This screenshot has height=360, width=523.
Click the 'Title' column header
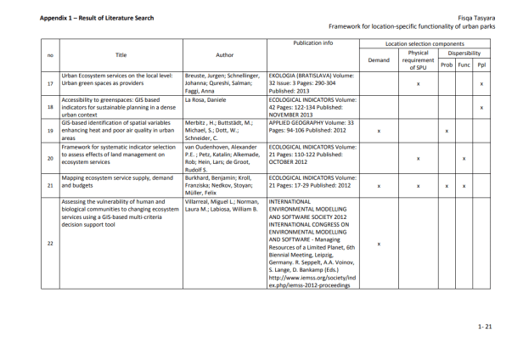click(121, 55)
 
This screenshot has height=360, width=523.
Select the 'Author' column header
click(224, 55)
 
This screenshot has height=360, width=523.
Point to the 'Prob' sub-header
click(446, 65)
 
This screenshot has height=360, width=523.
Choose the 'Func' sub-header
click(464, 65)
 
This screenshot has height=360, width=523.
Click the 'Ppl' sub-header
click(481, 65)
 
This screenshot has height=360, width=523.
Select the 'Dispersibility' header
click(464, 52)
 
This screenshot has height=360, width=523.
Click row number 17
click(50, 84)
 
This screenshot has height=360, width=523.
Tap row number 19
click(50, 132)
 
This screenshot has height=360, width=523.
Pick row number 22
click(50, 243)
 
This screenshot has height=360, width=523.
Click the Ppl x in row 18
click(481, 108)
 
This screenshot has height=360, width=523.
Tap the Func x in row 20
click(464, 159)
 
